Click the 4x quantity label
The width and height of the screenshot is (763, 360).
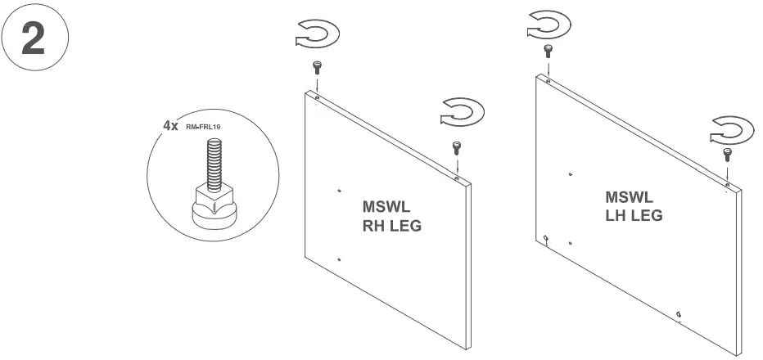pyautogui.click(x=170, y=128)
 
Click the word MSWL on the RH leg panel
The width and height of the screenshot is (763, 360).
pyautogui.click(x=386, y=208)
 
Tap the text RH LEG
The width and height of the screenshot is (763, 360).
pyautogui.click(x=391, y=226)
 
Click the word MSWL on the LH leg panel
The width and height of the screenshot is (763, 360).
pyautogui.click(x=629, y=198)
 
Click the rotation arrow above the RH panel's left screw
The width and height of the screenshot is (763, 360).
pyautogui.click(x=317, y=35)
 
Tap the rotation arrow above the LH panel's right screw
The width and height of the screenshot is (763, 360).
pyautogui.click(x=731, y=128)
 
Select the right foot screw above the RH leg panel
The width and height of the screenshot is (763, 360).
pyautogui.click(x=457, y=148)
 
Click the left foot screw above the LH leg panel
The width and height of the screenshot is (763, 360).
pyautogui.click(x=548, y=52)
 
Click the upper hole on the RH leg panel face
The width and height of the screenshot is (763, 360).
pyautogui.click(x=339, y=191)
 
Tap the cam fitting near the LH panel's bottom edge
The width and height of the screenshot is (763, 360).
pyautogui.click(x=679, y=313)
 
